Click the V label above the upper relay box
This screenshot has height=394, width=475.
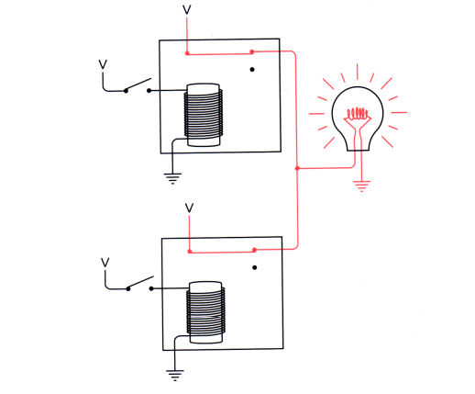tap(188, 9)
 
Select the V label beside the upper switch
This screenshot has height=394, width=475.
tap(103, 65)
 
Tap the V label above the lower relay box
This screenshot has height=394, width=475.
tap(189, 208)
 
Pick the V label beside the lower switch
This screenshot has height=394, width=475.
tap(105, 263)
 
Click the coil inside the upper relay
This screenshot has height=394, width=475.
tap(203, 116)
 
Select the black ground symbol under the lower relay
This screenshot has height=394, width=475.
tap(172, 375)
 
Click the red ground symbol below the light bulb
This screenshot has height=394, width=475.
tap(362, 186)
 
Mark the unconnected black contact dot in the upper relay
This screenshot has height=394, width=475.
tap(252, 69)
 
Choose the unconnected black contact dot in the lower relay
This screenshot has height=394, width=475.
tap(254, 268)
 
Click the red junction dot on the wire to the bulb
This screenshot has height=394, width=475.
tap(298, 168)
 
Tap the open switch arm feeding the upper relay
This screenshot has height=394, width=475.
tap(138, 84)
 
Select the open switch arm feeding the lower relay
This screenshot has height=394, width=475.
tap(140, 282)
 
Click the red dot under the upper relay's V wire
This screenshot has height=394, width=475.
tap(188, 53)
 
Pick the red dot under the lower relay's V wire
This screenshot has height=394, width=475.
tap(189, 251)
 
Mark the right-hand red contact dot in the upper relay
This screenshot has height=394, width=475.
tap(252, 52)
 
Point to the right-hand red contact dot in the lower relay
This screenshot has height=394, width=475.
tap(254, 250)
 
